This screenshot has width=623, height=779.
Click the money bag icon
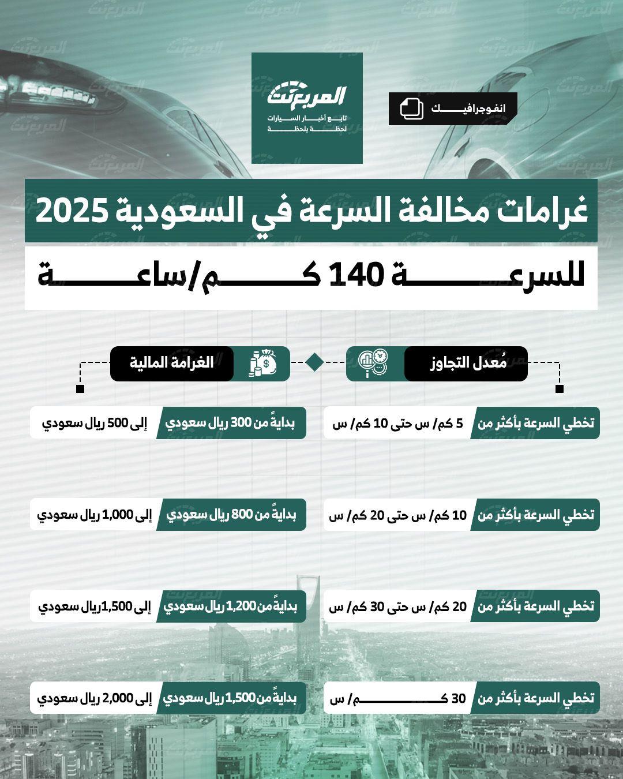[x=262, y=364]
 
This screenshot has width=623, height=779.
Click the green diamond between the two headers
[x=314, y=362]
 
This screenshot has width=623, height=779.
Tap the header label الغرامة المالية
[x=171, y=363]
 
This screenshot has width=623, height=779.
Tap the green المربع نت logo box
[x=307, y=108]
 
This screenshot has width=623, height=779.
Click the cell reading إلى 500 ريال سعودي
[x=94, y=423]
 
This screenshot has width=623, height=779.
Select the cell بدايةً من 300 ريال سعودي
[x=231, y=423]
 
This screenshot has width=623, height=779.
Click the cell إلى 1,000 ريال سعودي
[x=94, y=515]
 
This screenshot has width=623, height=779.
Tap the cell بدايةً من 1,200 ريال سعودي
[x=231, y=606]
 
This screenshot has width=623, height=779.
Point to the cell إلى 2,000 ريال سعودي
[x=94, y=698]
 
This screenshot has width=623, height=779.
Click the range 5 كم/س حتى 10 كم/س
[x=398, y=423]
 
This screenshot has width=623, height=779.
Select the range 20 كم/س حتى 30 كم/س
[x=398, y=606]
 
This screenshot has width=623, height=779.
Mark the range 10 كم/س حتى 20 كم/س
[x=398, y=515]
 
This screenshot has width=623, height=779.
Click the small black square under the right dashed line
[x=559, y=389]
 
